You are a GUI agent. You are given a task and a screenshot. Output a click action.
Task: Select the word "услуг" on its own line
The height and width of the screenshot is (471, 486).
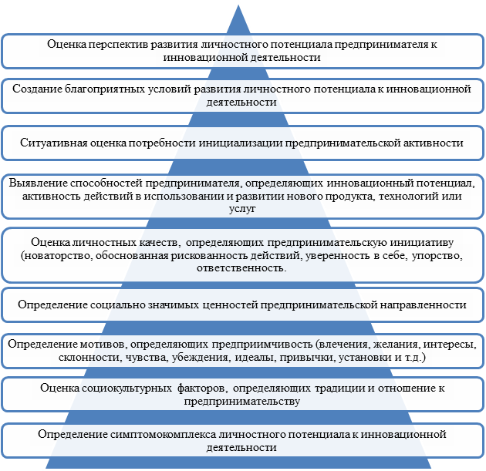[242, 209]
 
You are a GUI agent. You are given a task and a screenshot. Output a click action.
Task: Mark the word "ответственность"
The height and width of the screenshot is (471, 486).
[241, 268]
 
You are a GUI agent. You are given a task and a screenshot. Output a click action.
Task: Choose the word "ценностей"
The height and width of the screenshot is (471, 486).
[231, 304]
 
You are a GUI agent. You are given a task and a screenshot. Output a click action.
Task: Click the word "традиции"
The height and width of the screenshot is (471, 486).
[340, 389]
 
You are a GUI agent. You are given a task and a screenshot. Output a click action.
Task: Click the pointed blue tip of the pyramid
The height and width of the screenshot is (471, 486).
[238, 5]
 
